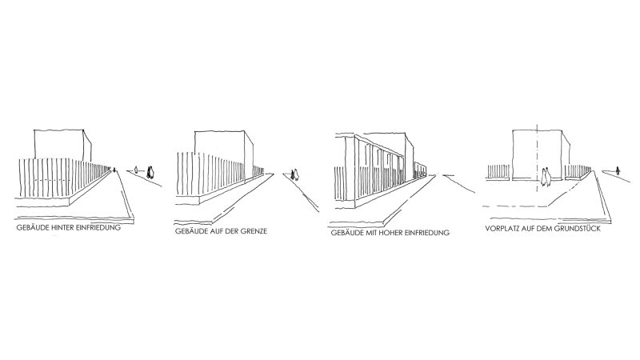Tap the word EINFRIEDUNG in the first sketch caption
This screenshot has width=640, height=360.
click(x=98, y=227)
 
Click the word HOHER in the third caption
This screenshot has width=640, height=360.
click(x=390, y=233)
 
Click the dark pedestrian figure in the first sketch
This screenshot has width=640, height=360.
click(x=150, y=173)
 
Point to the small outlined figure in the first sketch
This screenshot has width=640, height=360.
click(x=136, y=170)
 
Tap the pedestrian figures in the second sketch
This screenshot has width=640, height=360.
click(x=294, y=174)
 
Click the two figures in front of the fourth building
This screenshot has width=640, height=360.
click(x=546, y=177)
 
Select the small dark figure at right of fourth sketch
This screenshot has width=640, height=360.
click(x=618, y=170)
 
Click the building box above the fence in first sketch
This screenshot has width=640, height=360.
click(x=62, y=146)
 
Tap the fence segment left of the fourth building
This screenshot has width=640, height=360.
click(x=498, y=172)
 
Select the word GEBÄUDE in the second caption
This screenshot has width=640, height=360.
click(x=190, y=231)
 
